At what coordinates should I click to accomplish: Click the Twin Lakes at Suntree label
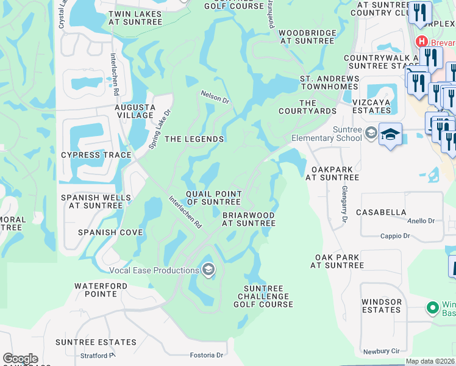(135, 18)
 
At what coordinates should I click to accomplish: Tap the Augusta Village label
(134, 111)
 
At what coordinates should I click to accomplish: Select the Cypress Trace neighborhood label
(96, 155)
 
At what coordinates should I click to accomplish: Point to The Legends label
(194, 139)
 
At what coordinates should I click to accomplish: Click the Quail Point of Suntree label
(213, 198)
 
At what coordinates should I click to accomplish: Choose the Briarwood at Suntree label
(249, 220)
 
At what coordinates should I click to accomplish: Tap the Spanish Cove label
(110, 232)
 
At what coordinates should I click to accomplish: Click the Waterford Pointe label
(96, 290)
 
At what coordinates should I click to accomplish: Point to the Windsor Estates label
(382, 306)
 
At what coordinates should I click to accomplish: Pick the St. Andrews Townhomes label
(329, 83)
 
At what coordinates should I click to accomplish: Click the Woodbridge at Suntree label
(307, 37)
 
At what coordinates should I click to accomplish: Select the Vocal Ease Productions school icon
(208, 270)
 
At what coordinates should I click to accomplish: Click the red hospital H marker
(421, 41)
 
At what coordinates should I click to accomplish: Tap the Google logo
(20, 359)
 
